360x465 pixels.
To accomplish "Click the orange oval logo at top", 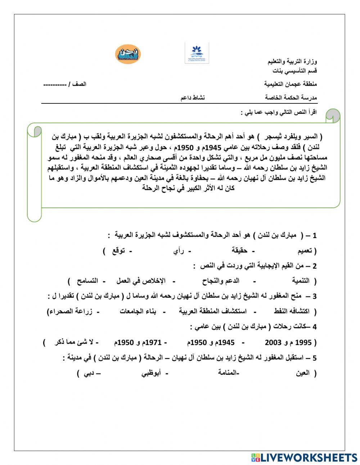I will tap(128, 54).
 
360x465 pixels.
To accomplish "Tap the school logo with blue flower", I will tap(197, 53).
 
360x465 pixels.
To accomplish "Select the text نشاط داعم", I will tap(193, 98).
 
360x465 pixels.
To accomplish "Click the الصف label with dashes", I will tap(65, 84).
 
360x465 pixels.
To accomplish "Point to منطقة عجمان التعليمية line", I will tap(291, 84).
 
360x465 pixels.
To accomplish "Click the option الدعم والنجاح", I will tap(224, 281).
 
